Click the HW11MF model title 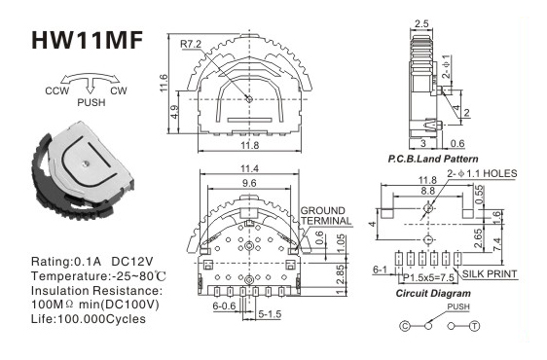tap(87, 40)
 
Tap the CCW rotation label tap(57, 91)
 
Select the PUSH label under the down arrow tap(91, 102)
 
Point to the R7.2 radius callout tap(191, 45)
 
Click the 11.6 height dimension tap(164, 83)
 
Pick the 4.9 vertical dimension tap(175, 112)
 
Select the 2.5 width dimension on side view tap(421, 23)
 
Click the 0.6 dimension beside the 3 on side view tap(457, 143)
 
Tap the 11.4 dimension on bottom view tap(249, 169)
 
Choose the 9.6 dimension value tap(248, 183)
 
